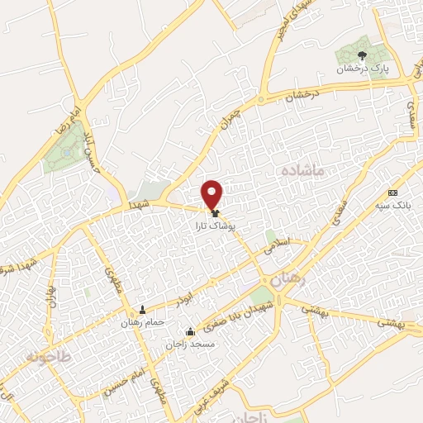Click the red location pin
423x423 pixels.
coord(213,193)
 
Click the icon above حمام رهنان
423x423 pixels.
coord(144,311)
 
